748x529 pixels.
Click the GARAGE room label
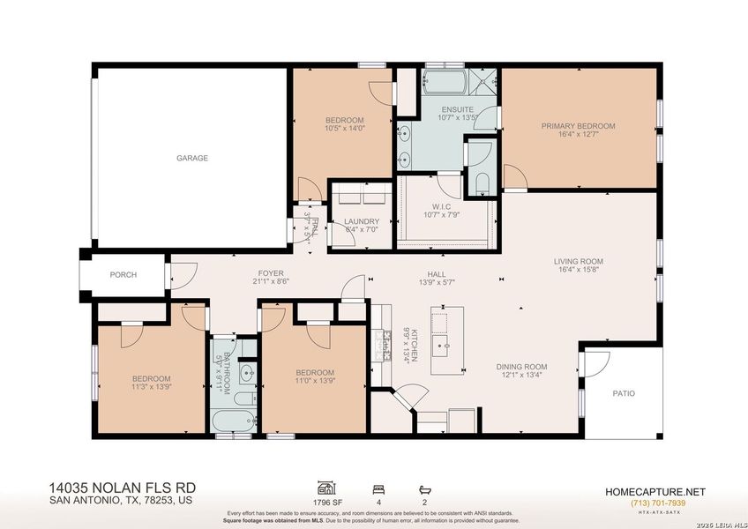coord(191,159)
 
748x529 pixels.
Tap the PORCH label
coord(123,275)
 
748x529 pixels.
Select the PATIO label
coord(624,394)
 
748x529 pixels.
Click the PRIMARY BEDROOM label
coord(578,126)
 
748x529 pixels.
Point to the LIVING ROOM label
coord(578,261)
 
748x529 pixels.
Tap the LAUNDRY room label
coord(362,221)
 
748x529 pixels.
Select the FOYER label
coord(270,273)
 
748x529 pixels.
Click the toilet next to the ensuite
coord(481,183)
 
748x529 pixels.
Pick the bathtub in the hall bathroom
coord(235,421)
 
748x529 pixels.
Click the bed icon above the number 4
coord(379,488)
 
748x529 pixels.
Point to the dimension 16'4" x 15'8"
coord(578,270)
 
